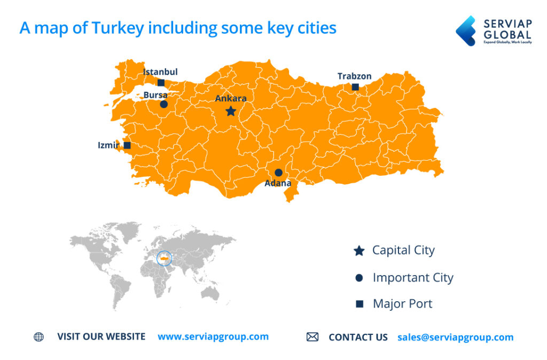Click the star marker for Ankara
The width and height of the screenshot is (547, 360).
(231, 111)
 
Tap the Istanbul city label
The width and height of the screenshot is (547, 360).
(160, 72)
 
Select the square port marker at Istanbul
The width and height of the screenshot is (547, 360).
(161, 83)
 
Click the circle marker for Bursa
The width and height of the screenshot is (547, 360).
(163, 104)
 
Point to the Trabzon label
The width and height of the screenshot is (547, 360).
(354, 76)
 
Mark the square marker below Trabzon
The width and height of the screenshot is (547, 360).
(355, 87)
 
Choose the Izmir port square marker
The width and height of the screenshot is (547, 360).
(127, 145)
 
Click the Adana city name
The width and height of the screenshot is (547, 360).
(278, 183)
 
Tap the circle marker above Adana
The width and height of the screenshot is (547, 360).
(278, 173)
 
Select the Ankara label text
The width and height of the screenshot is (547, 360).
(231, 98)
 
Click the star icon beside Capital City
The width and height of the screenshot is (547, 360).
(359, 251)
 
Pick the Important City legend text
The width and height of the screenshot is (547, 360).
(412, 278)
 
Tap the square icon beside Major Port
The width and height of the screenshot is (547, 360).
(360, 304)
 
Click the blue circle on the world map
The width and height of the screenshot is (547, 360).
(165, 258)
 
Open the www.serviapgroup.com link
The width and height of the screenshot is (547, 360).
(213, 336)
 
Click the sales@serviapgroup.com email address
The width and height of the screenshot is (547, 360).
(455, 337)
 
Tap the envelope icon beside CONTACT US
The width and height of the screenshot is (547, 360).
(312, 337)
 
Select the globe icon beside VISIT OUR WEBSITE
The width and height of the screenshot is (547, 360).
(38, 337)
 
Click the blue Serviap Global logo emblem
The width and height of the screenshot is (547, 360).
(466, 30)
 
